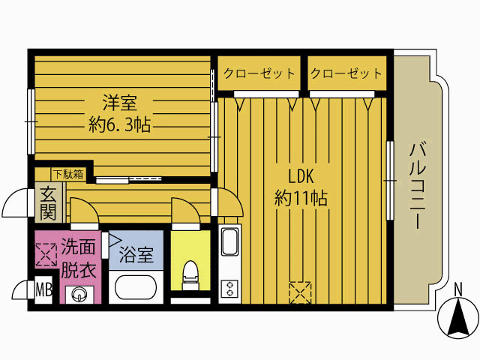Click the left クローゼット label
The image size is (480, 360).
tap(258, 74)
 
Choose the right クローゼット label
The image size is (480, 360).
tap(346, 74)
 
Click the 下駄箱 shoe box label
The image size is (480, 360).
tap(67, 175)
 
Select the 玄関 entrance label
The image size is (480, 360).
tap(48, 202)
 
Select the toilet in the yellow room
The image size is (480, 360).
tap(190, 274)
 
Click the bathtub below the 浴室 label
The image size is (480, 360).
tap(136, 287)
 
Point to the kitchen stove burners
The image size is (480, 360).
tap(229, 289)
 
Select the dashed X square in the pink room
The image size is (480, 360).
tap(46, 253)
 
